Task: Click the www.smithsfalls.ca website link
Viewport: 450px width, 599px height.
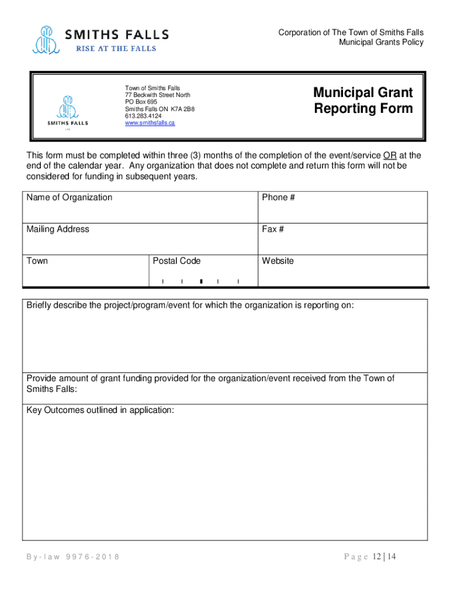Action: pyautogui.click(x=150, y=123)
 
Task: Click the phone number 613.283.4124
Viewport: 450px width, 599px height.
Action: pyautogui.click(x=143, y=116)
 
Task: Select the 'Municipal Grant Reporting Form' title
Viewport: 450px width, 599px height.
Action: pyautogui.click(x=362, y=101)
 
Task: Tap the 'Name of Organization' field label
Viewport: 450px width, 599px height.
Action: pyautogui.click(x=69, y=198)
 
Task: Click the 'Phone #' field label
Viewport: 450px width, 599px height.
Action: pyautogui.click(x=278, y=198)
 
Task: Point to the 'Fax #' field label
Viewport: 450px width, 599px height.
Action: pyautogui.click(x=273, y=229)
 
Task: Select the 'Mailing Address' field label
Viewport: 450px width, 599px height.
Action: pyautogui.click(x=58, y=229)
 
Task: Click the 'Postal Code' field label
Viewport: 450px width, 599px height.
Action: pyautogui.click(x=176, y=261)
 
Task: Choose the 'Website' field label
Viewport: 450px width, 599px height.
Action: pyautogui.click(x=278, y=261)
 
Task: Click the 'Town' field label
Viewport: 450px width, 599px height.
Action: pyautogui.click(x=37, y=261)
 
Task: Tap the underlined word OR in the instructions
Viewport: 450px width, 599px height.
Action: pyautogui.click(x=389, y=156)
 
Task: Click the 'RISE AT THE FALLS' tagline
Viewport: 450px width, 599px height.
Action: pyautogui.click(x=116, y=49)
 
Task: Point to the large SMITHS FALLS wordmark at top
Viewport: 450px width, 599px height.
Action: pyautogui.click(x=117, y=35)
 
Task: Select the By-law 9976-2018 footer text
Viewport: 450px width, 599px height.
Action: pyautogui.click(x=73, y=557)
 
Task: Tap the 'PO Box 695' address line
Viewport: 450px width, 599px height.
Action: pyautogui.click(x=141, y=102)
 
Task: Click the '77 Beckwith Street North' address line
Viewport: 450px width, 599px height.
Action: pyautogui.click(x=157, y=95)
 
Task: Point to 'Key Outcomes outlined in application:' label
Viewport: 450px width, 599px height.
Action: pyautogui.click(x=100, y=410)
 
